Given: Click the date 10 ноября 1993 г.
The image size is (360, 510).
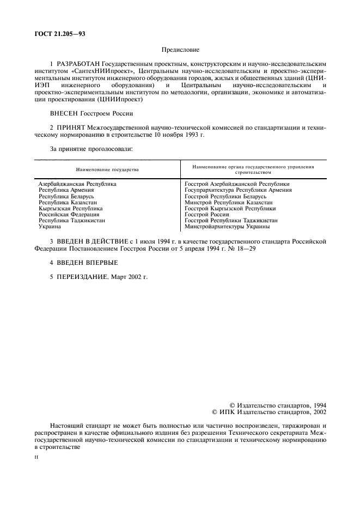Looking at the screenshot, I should (178, 135).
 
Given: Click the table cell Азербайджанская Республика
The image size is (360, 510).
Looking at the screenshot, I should (77, 184).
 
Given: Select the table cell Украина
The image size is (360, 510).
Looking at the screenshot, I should (50, 226).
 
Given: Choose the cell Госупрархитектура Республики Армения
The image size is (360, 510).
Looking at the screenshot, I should (238, 190).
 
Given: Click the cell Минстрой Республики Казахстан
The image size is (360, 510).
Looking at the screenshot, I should (229, 202).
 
